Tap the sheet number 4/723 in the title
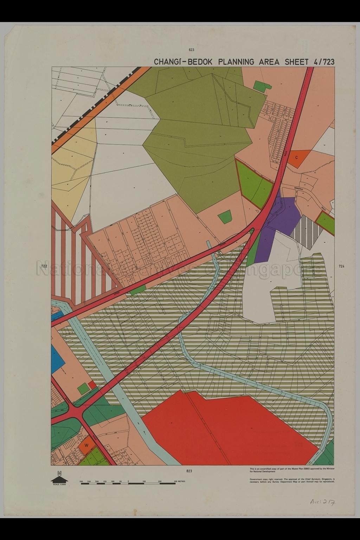pos(323,62)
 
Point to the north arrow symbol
pos(59,478)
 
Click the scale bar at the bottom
pos(128,483)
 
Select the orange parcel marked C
pos(298,157)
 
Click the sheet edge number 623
pos(191,50)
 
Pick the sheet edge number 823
pos(189,471)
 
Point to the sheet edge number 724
pos(341,266)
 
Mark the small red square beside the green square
pos(91,385)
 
